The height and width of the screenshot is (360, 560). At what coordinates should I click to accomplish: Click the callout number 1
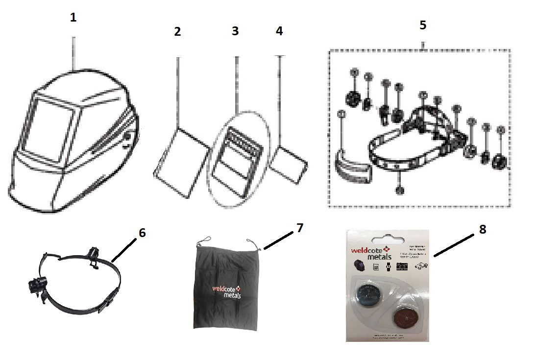pos(73,18)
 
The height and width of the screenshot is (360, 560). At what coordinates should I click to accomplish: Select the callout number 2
pos(177,32)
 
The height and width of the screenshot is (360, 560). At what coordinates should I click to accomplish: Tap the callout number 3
pos(235,31)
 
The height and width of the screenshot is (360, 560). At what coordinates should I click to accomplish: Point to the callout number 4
pos(279,31)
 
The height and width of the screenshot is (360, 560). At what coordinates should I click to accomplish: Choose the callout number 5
pos(423,25)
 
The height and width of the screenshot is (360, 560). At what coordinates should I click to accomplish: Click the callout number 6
pos(142,233)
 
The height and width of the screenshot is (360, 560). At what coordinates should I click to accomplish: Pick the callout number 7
pos(300,228)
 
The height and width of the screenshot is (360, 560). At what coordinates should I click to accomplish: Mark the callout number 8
pos(483,230)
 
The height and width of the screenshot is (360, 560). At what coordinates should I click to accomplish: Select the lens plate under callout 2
pos(180,164)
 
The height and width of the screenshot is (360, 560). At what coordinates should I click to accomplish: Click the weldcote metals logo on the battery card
pos(373,252)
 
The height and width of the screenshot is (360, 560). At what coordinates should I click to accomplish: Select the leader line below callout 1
pos(73,49)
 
